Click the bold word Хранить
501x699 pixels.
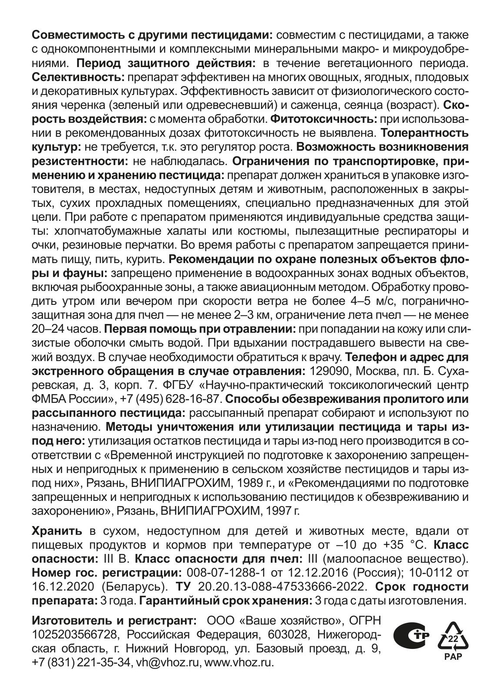coord(57,532)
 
